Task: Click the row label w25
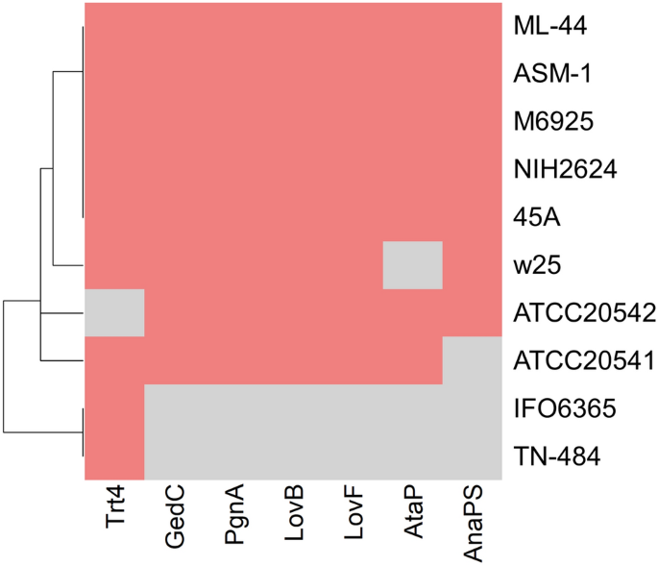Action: (535, 265)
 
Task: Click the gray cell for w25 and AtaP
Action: (413, 265)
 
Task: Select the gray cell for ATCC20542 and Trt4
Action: (115, 313)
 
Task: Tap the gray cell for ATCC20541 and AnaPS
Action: (473, 361)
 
